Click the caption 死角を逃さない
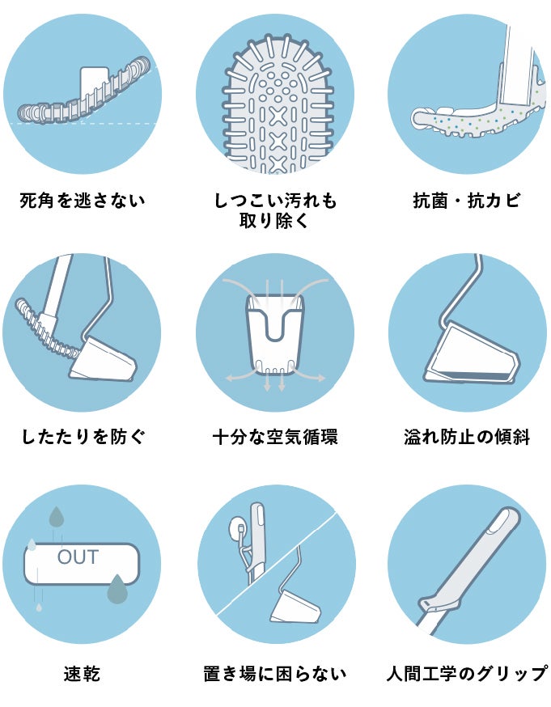pos(83,200)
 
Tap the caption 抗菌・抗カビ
pos(467,200)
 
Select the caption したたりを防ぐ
pos(83,437)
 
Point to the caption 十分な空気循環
pos(275,437)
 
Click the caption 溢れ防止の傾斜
pos(467,437)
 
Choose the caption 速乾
pos(82,674)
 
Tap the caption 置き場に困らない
pos(275,674)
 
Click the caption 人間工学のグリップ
pos(467,674)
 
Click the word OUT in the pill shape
pos(78,557)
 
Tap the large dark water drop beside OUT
pos(117,589)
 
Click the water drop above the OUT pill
pos(57,517)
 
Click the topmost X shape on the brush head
pos(278,116)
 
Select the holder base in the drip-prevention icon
pos(103,358)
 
